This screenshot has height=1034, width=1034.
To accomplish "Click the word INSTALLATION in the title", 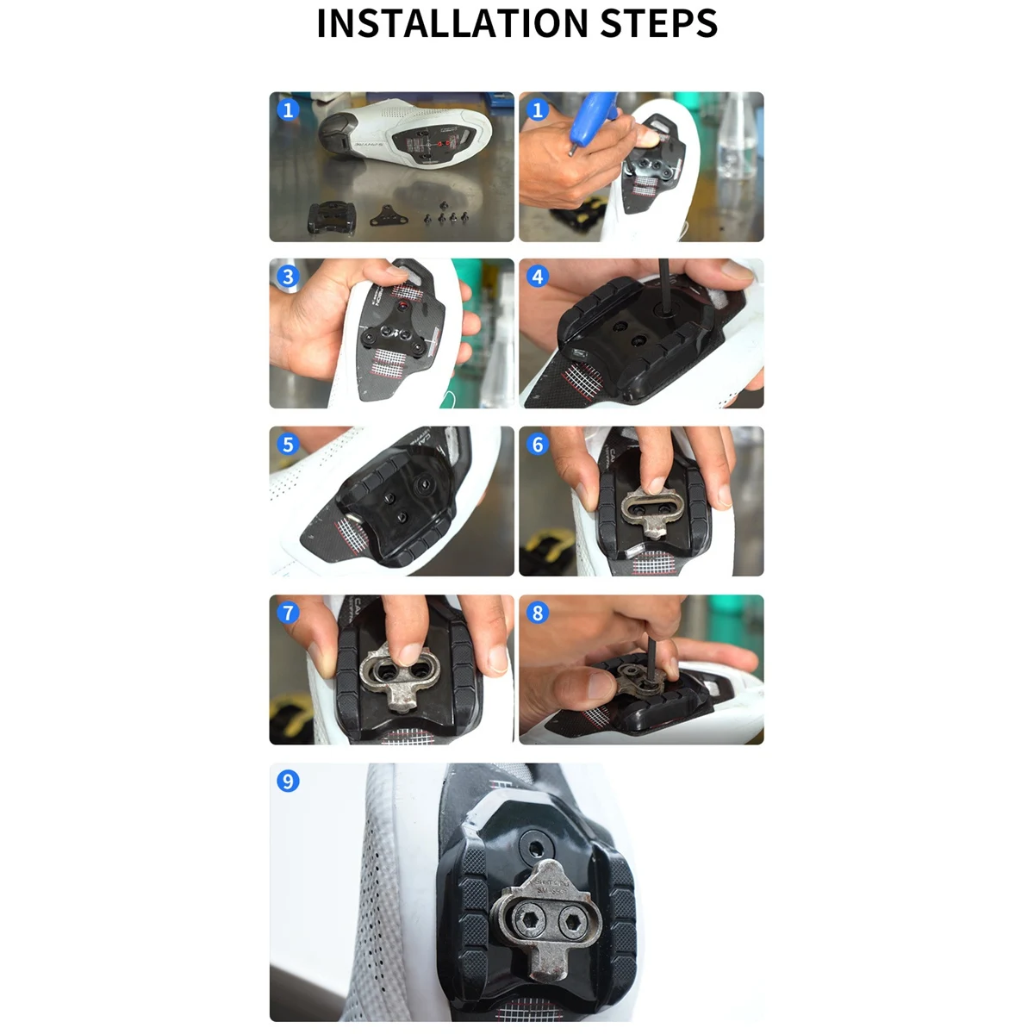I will click(x=453, y=23).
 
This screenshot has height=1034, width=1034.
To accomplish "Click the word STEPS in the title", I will click(x=658, y=23).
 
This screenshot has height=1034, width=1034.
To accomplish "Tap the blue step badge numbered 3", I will click(x=288, y=277).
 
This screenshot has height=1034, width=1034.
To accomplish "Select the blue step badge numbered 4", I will click(x=538, y=277).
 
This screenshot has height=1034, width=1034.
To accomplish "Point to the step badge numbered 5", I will click(x=288, y=445).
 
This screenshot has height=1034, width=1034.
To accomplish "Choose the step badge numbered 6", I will click(x=538, y=445).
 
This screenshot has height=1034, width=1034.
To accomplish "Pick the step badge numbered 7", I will click(x=288, y=613).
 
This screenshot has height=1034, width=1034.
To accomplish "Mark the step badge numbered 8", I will click(x=538, y=613).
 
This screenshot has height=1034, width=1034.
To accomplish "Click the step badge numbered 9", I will click(x=288, y=782).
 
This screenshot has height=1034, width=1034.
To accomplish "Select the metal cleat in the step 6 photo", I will click(x=651, y=512).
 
